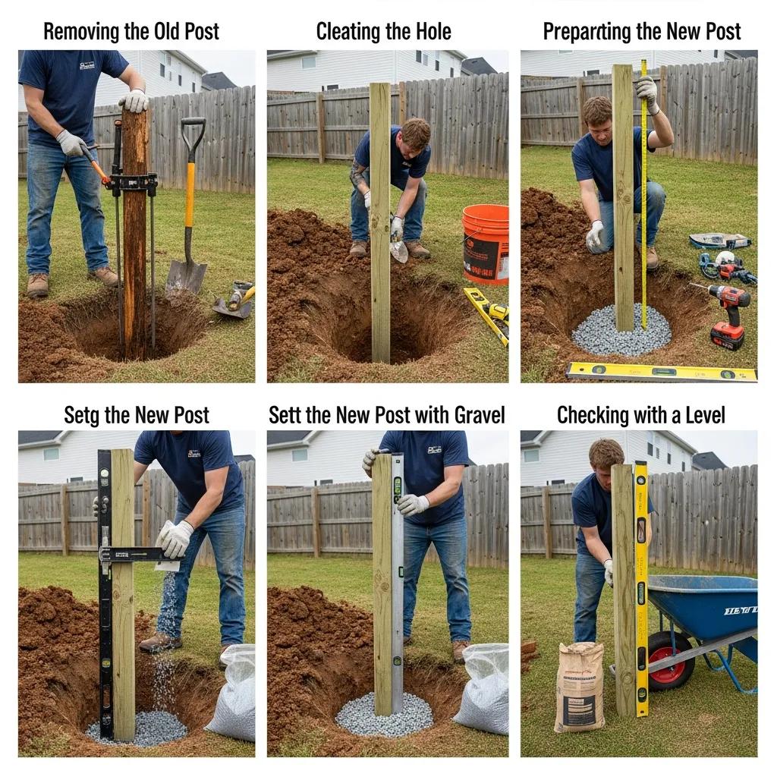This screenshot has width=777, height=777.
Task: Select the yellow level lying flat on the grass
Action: click(x=660, y=372)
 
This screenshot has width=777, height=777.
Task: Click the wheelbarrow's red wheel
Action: click(x=671, y=660)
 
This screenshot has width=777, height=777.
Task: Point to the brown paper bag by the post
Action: click(x=579, y=687)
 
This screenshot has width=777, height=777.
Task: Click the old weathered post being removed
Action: click(x=135, y=228)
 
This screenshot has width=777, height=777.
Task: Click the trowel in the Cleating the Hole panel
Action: click(x=399, y=250)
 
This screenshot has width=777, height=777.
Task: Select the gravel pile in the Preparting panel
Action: click(x=621, y=331)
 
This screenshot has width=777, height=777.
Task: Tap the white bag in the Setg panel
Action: click(x=231, y=694)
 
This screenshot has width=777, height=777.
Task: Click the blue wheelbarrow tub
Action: click(x=706, y=603)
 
